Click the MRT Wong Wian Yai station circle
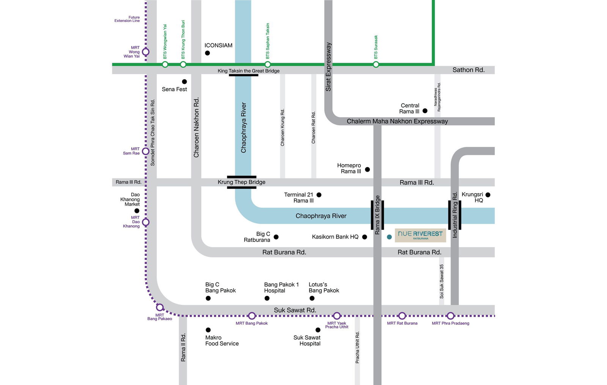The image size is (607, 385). [145, 52]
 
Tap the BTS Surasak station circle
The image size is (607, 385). [376, 65]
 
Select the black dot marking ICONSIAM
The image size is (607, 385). [207, 53]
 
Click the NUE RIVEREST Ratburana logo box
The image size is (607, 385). [420, 235]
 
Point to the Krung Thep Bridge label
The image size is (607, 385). [241, 182]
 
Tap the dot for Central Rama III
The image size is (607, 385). [425, 111]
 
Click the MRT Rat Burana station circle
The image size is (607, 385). [402, 316]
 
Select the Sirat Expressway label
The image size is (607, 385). [329, 67]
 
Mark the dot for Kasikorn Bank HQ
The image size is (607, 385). [365, 237]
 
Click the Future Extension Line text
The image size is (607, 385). [127, 19]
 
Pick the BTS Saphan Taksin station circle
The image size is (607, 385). [267, 65]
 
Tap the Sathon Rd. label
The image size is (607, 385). [468, 70]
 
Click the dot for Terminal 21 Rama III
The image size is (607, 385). [319, 195]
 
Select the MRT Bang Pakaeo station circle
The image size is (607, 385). [160, 307]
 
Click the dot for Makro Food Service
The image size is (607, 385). [208, 330]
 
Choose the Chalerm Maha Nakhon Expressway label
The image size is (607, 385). [397, 121]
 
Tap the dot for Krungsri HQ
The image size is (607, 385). [488, 195]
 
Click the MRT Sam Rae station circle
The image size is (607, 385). [145, 151]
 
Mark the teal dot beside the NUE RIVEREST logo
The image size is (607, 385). [389, 237]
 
